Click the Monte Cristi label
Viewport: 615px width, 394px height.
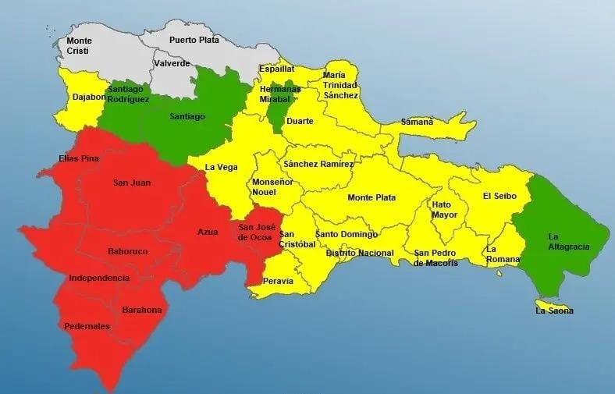pos(78,45)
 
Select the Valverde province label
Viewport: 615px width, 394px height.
pos(172,63)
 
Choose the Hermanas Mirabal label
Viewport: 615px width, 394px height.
pos(280,94)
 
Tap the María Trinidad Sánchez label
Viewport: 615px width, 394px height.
pos(340,85)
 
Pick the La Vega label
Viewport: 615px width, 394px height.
pos(220,167)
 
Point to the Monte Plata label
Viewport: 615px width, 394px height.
pos(371,197)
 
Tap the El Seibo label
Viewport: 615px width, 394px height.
pos(499,196)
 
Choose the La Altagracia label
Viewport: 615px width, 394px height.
pos(568,241)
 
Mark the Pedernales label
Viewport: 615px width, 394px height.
pos(87,326)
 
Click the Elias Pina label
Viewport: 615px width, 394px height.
pos(78,158)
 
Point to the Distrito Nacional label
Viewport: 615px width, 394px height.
pos(360,253)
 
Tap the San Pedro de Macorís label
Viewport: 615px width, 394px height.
pos(435,257)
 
